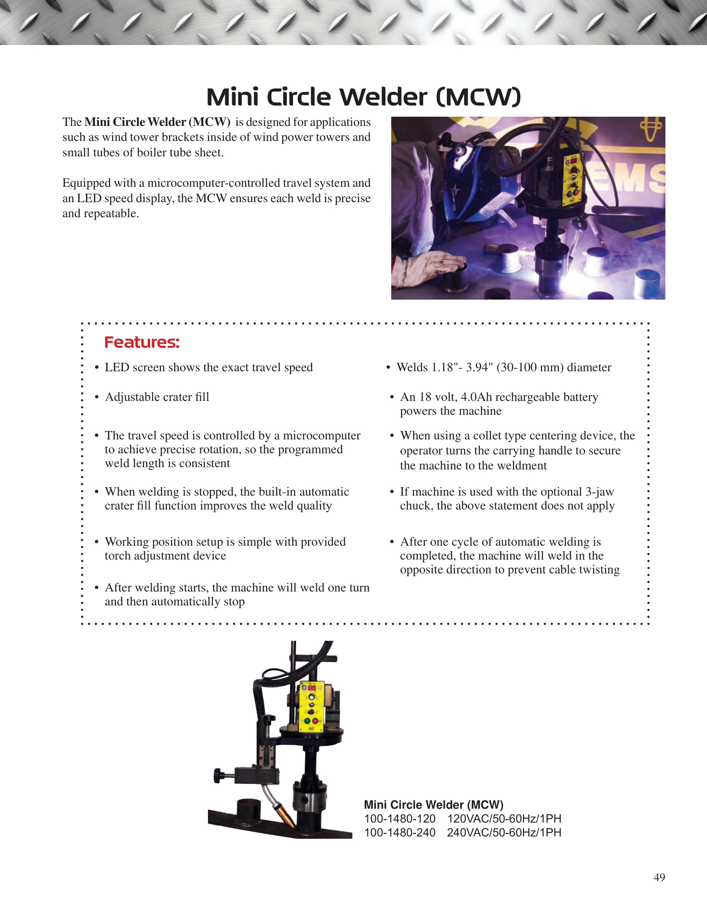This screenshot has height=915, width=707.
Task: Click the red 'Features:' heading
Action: pos(142,342)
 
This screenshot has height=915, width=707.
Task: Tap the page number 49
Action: pos(659,877)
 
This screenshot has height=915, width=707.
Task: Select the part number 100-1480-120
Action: pos(400,819)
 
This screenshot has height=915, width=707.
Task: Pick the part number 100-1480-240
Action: pos(400,833)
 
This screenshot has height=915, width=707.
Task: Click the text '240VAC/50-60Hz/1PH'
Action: pos(504,833)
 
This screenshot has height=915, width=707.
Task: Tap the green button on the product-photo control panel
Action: pos(307,721)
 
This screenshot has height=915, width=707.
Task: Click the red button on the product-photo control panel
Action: pos(315,721)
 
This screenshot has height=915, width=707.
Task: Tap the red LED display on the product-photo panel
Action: pos(312,687)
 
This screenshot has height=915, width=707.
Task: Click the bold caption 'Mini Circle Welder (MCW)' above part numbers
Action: pos(434,805)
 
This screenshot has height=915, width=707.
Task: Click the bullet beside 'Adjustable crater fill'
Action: pos(97,397)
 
